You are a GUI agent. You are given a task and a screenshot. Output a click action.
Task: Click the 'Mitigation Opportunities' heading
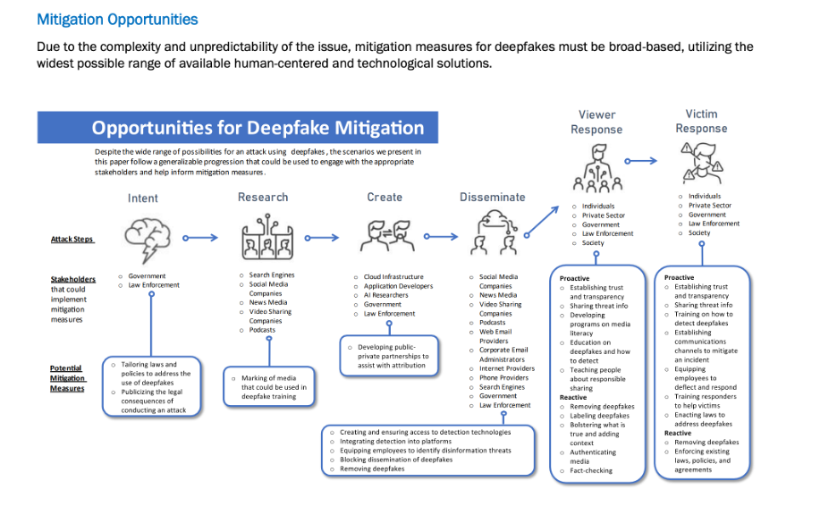click(x=117, y=19)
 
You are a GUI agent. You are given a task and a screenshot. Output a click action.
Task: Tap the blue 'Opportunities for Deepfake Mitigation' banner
click(x=237, y=128)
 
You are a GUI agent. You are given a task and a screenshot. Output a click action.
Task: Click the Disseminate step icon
click(x=491, y=233)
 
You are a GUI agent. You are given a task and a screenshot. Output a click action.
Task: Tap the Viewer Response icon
click(x=596, y=165)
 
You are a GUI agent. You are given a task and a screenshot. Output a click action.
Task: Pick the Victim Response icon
click(x=701, y=163)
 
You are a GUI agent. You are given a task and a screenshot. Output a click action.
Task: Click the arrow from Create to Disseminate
click(x=440, y=237)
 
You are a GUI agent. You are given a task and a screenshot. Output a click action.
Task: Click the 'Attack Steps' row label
click(x=72, y=240)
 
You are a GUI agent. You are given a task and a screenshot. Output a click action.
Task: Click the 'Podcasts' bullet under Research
click(x=263, y=330)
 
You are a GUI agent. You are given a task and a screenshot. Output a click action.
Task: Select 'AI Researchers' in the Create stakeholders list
click(x=385, y=295)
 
